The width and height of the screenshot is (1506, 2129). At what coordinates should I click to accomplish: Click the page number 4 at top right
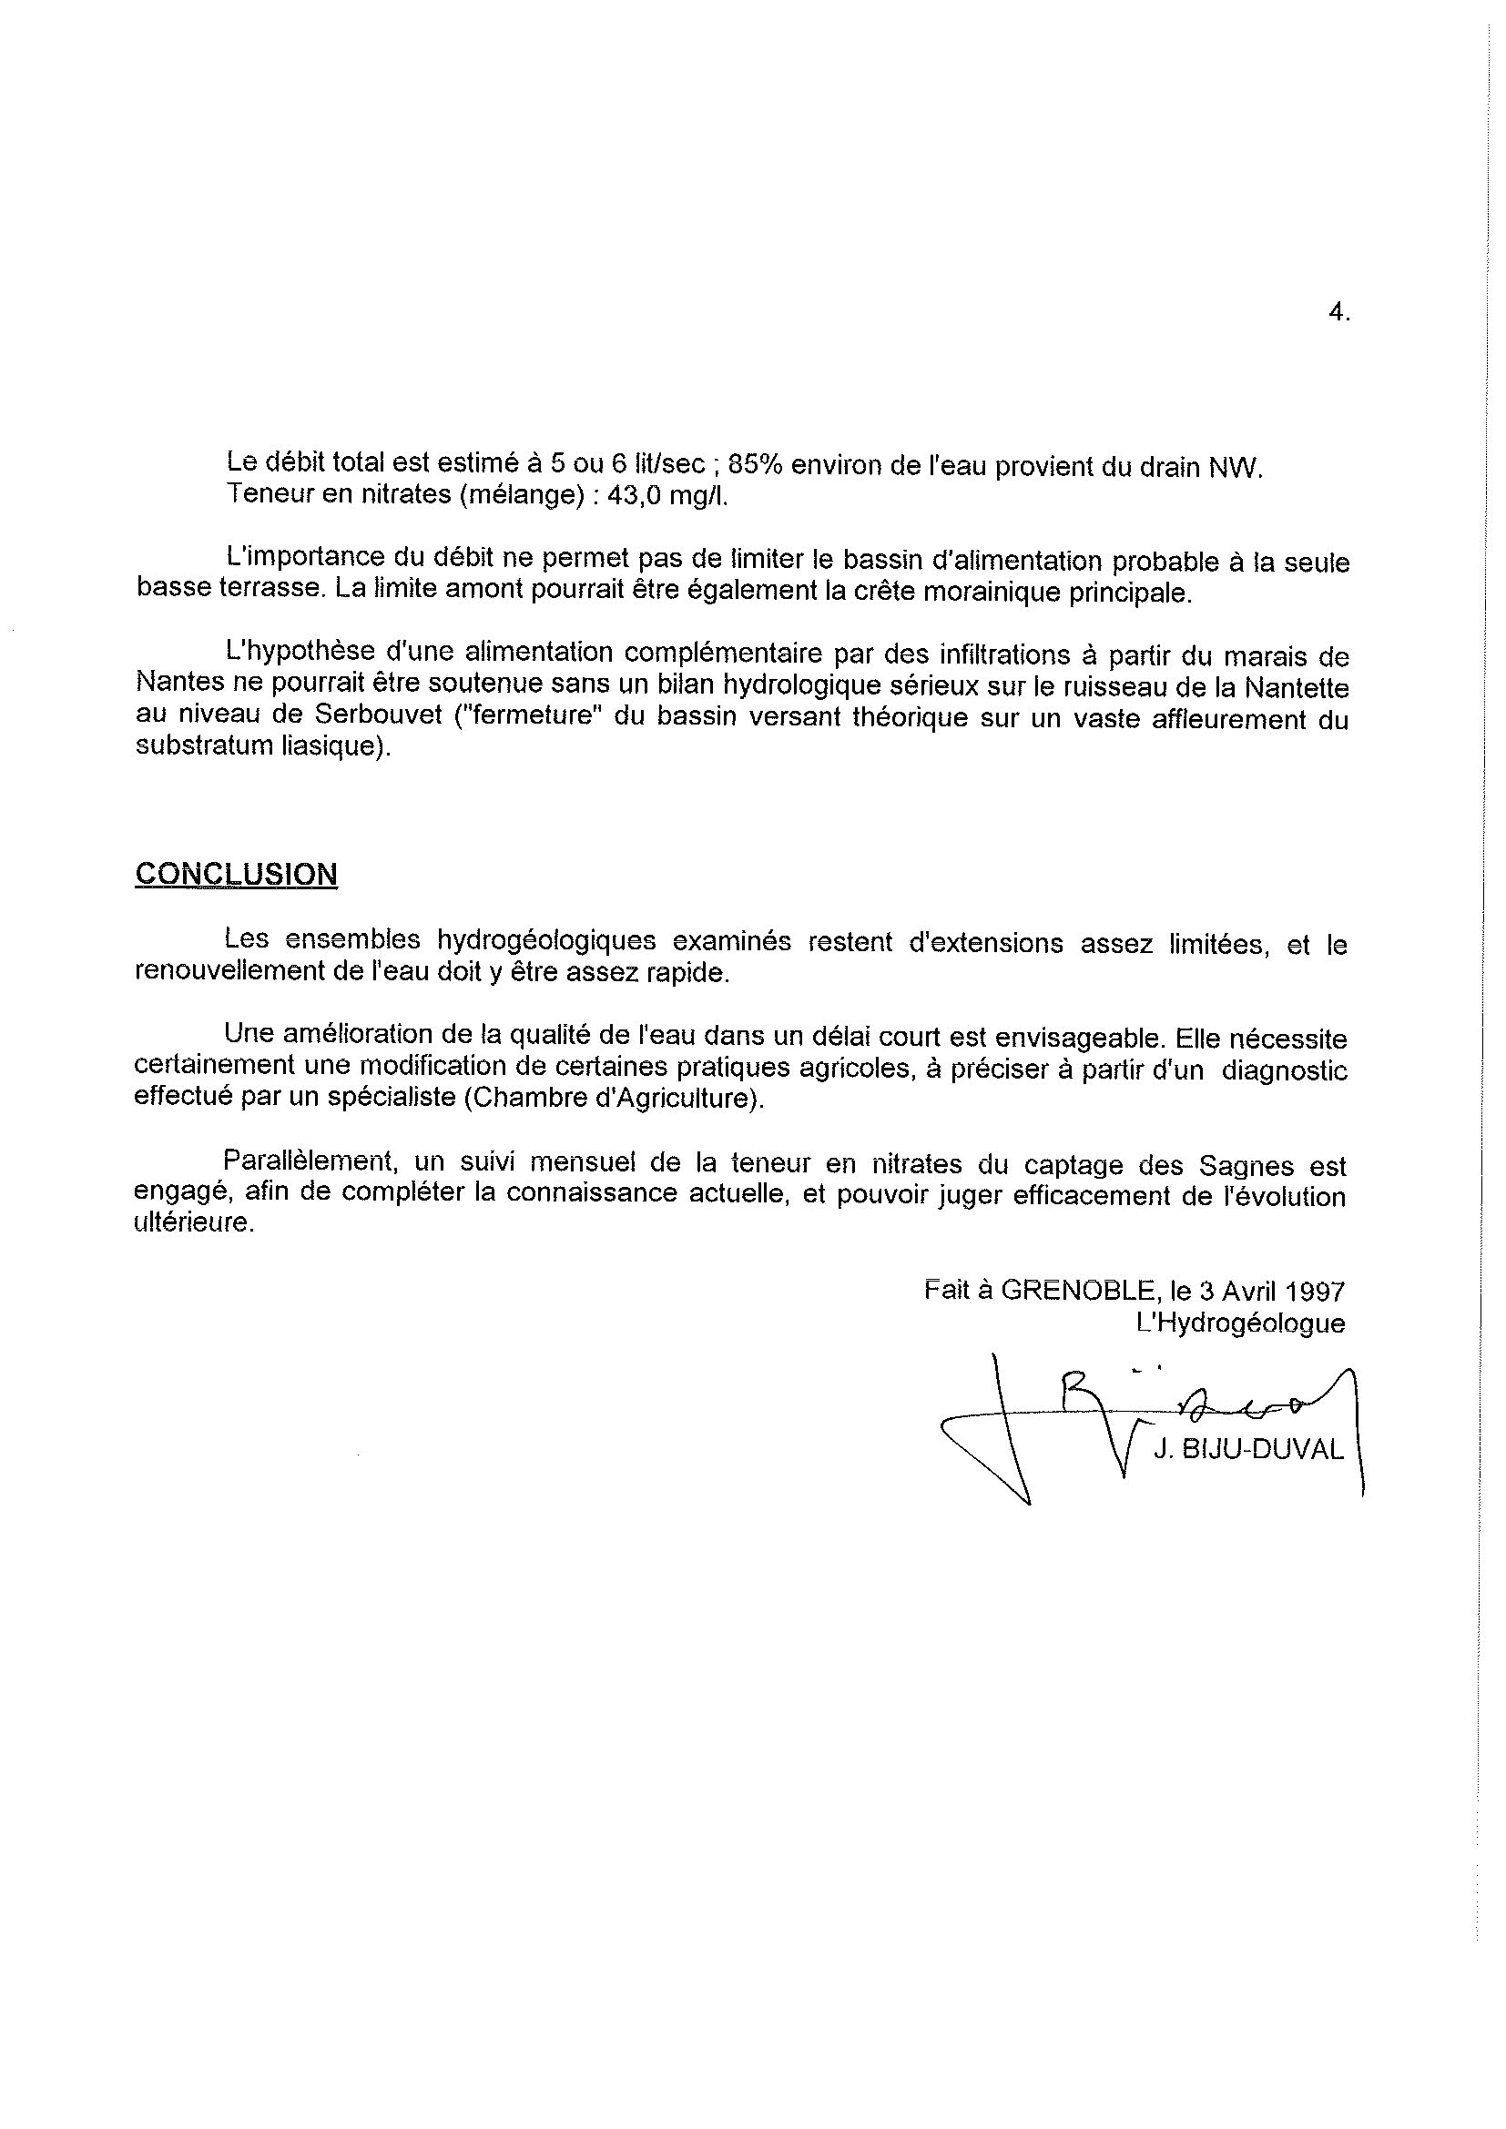pyautogui.click(x=1338, y=313)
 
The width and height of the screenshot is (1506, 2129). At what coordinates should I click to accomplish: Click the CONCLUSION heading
pyautogui.click(x=236, y=874)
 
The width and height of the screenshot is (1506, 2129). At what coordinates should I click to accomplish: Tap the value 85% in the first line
pyautogui.click(x=756, y=465)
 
